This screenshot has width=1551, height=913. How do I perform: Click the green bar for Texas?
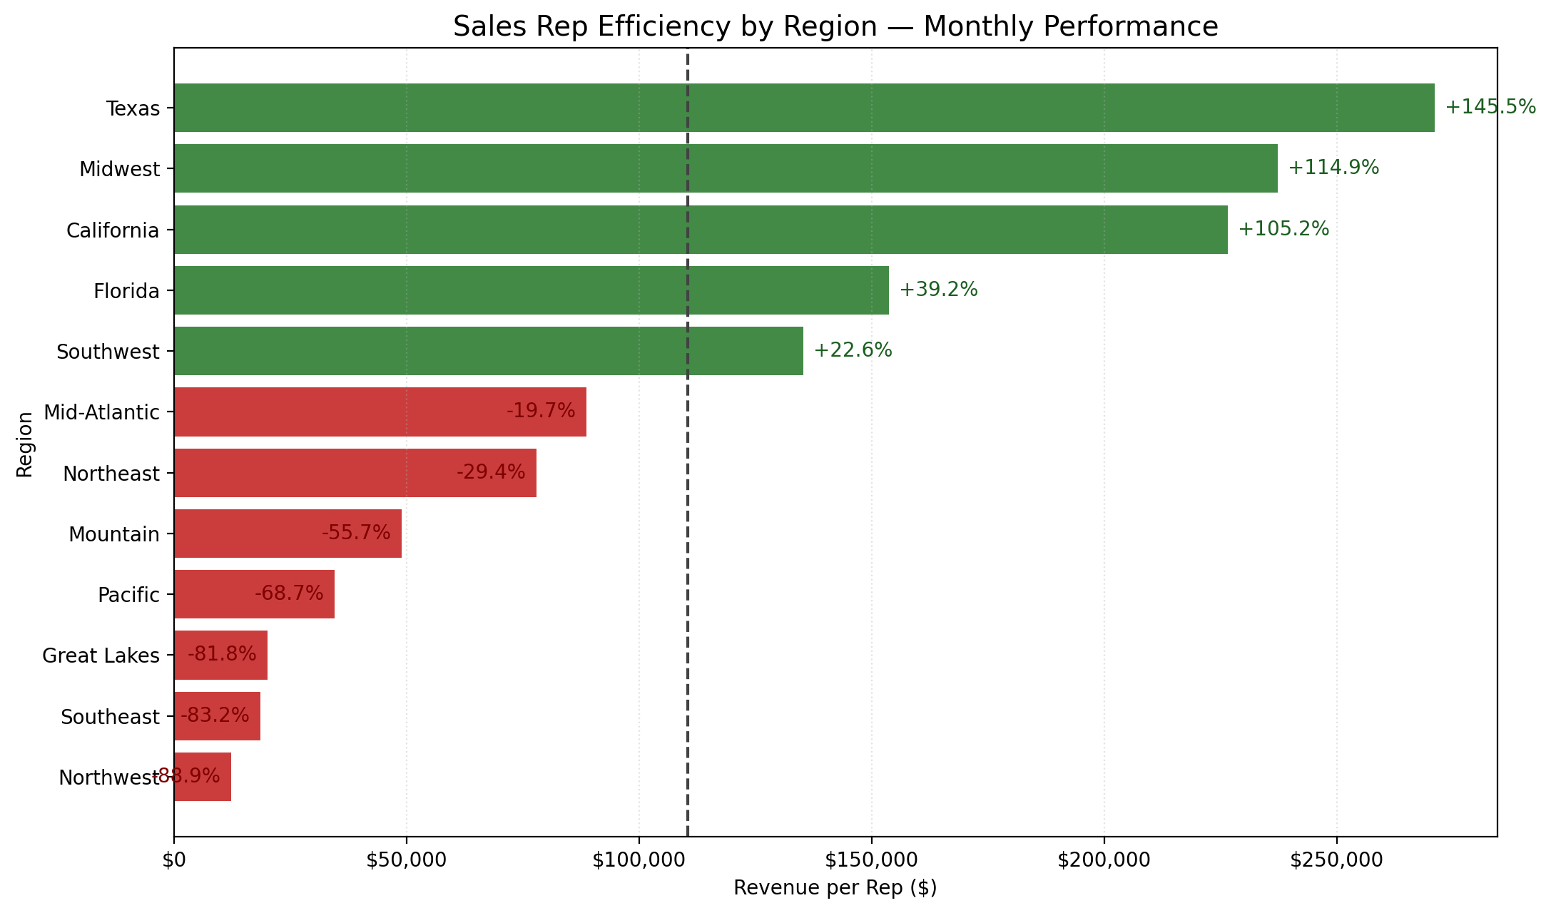click(803, 108)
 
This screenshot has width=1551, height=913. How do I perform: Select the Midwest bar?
click(725, 168)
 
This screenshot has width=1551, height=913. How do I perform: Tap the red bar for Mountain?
click(288, 533)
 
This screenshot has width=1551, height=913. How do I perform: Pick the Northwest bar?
click(203, 776)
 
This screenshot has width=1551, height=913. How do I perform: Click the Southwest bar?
click(488, 351)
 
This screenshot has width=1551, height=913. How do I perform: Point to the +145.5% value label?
click(1490, 107)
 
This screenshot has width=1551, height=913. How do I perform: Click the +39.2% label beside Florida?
click(938, 290)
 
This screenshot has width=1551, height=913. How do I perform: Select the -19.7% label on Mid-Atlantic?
click(541, 411)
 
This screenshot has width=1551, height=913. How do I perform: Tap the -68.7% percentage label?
click(289, 593)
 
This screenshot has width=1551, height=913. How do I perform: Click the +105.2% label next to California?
click(1283, 229)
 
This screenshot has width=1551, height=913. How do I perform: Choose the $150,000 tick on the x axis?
click(871, 860)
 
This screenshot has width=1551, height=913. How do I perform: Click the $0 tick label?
click(174, 860)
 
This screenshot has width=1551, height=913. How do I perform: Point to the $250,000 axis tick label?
click(1336, 860)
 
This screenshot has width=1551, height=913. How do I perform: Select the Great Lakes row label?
click(101, 656)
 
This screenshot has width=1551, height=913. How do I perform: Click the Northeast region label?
click(111, 474)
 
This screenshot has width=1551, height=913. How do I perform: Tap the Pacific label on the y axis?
click(128, 595)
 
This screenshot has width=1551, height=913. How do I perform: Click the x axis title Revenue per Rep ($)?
click(835, 888)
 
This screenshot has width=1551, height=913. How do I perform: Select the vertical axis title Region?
click(25, 444)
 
